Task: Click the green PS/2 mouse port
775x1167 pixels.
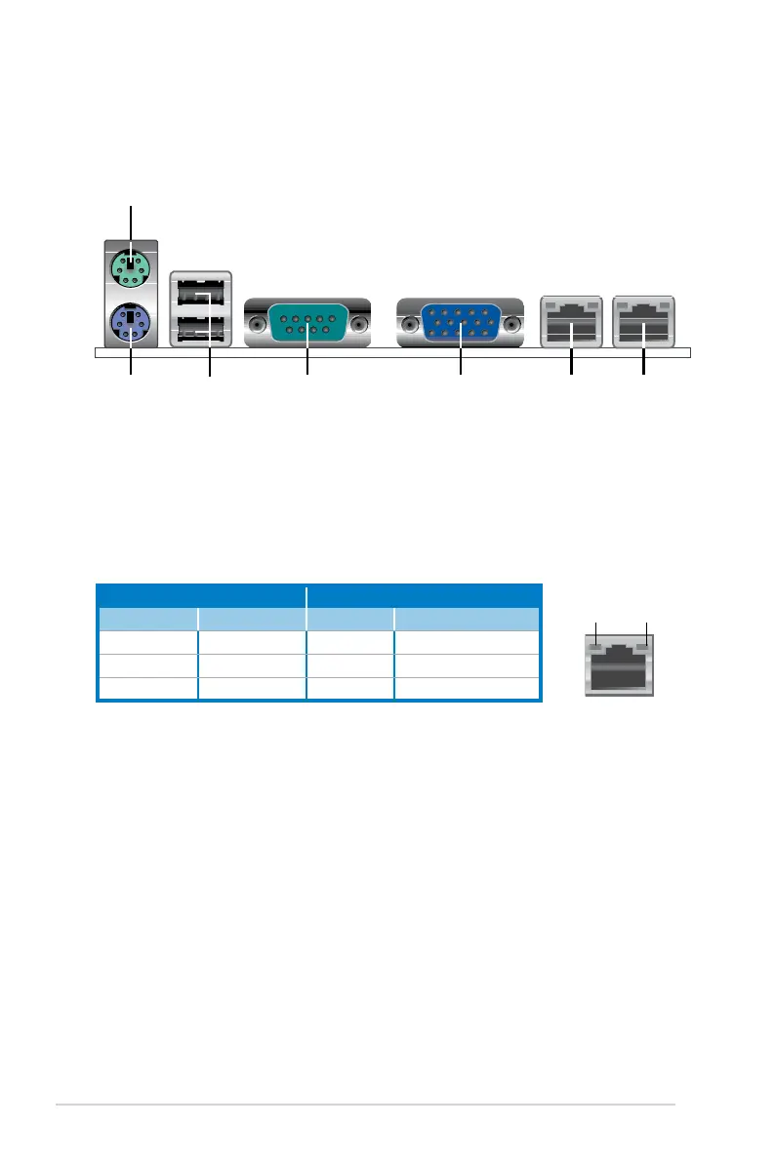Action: (131, 264)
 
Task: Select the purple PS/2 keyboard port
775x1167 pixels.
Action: (131, 322)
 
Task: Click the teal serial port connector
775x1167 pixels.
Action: (307, 322)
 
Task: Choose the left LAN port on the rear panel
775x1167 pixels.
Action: (571, 322)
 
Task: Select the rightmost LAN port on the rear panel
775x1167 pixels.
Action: (644, 322)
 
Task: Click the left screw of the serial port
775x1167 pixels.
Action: (257, 323)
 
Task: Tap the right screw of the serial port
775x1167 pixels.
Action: (359, 323)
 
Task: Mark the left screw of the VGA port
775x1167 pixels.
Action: (409, 324)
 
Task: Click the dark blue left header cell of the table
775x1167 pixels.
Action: (201, 595)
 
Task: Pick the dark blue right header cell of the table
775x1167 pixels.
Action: (423, 595)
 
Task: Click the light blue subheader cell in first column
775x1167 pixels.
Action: (147, 619)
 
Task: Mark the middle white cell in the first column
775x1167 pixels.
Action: (147, 665)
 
